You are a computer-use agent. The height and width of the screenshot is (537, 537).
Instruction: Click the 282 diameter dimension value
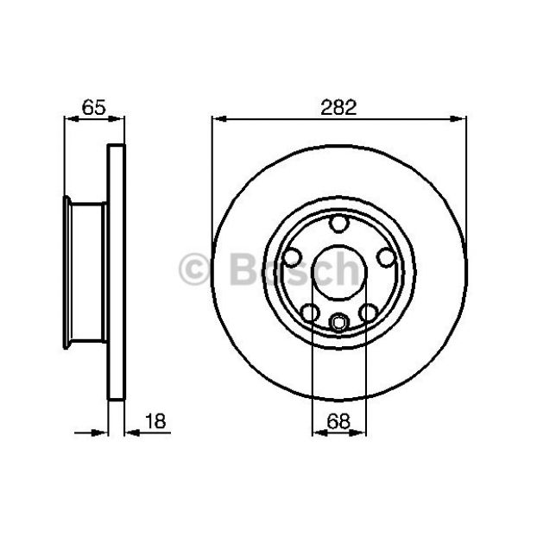(x=338, y=107)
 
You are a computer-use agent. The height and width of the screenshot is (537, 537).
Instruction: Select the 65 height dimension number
(x=94, y=107)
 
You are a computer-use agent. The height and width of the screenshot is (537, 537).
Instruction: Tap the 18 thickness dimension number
(x=155, y=421)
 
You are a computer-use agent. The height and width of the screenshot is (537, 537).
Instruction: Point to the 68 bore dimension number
(x=338, y=421)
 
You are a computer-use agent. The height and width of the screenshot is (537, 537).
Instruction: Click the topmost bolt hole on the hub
(x=339, y=224)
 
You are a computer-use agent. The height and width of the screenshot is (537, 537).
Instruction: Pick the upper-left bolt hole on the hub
(x=293, y=257)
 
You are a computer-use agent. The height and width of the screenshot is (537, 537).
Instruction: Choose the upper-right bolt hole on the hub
(x=386, y=257)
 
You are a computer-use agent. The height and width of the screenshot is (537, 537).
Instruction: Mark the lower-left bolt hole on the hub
(x=310, y=313)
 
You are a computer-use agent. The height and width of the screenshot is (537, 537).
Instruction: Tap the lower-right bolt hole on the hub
(x=369, y=313)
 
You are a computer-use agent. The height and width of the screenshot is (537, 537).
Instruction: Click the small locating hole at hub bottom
(x=339, y=323)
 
